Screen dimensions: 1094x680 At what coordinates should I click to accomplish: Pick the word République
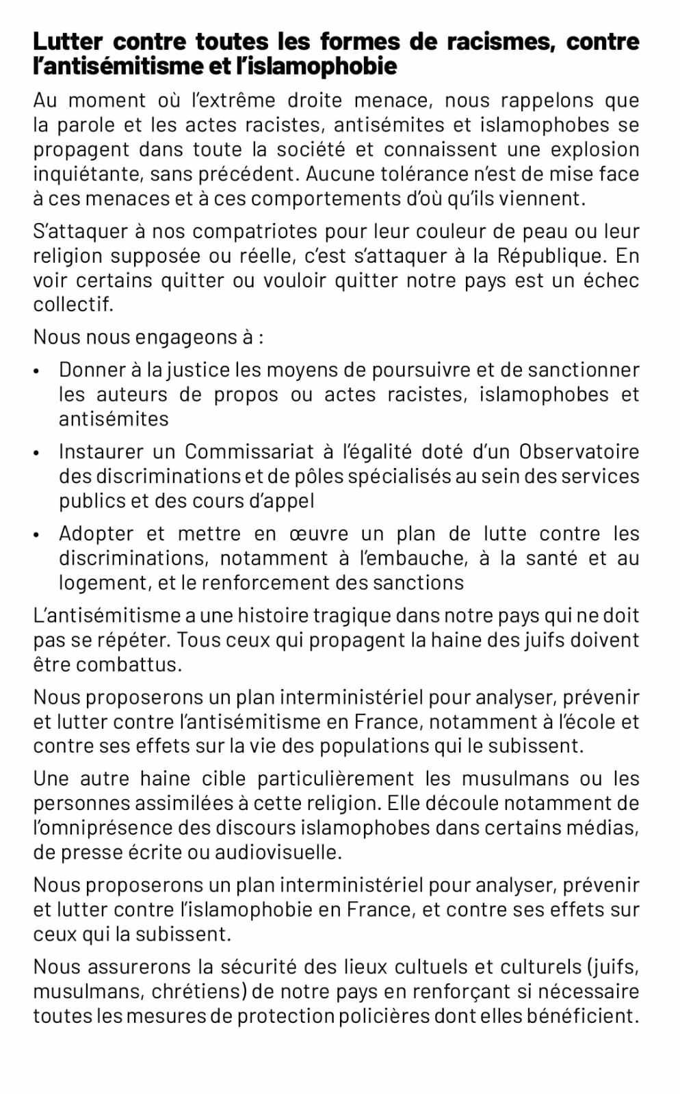click(x=551, y=256)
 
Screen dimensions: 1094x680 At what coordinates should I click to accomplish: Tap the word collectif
click(x=73, y=304)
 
